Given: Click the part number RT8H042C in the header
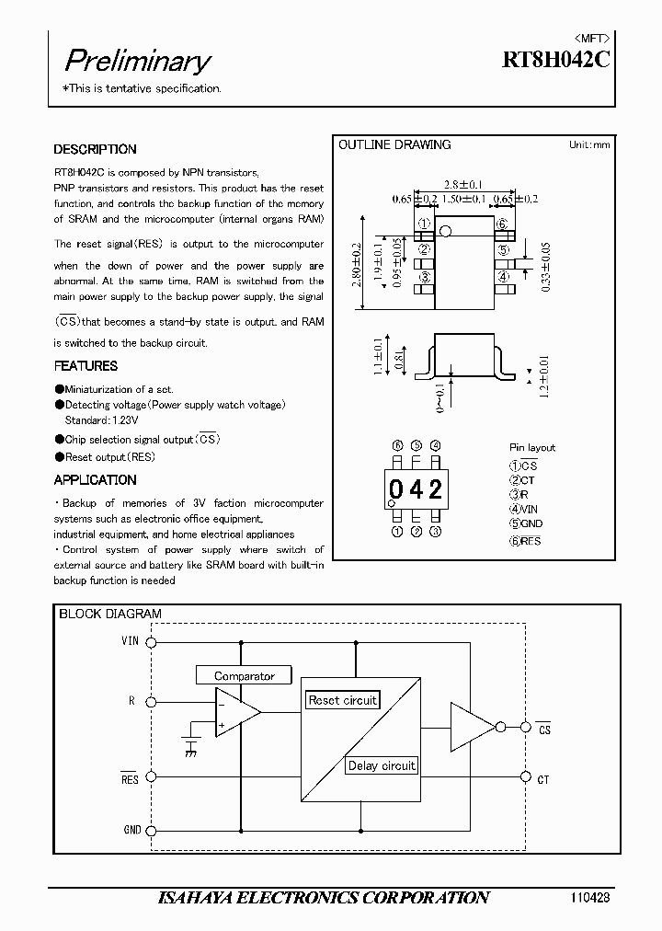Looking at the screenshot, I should click(x=554, y=61).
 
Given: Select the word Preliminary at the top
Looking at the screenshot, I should click(x=137, y=61).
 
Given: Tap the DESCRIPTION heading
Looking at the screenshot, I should click(x=95, y=149).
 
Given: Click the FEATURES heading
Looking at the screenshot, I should click(x=86, y=366).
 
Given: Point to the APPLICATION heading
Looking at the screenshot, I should click(x=95, y=479).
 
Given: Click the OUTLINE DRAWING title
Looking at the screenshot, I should click(x=394, y=144).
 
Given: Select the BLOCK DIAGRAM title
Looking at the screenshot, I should click(x=110, y=614).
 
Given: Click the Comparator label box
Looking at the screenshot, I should click(x=244, y=676).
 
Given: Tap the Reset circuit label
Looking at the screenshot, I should click(x=342, y=700).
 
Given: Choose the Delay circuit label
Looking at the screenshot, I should click(x=382, y=765).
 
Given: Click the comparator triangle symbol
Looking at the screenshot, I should click(x=234, y=712).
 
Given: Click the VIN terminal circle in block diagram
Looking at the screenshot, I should click(x=153, y=642).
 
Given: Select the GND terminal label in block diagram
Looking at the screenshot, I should click(x=132, y=830).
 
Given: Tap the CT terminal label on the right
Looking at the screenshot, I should click(x=543, y=779).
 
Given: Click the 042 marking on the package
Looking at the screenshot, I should click(x=415, y=489).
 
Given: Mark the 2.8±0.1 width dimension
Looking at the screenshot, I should click(x=463, y=184).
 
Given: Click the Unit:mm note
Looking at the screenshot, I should click(x=588, y=144).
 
